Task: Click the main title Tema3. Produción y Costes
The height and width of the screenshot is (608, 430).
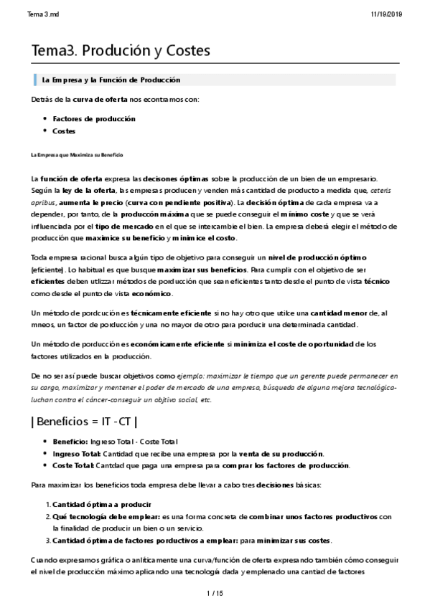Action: coord(121,51)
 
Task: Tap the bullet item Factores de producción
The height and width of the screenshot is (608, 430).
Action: coord(94,118)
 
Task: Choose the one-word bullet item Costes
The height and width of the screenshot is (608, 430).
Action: coord(64,130)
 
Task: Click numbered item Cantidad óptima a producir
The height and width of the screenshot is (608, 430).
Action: coord(102,504)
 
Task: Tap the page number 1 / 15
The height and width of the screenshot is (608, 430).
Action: coord(215,592)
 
